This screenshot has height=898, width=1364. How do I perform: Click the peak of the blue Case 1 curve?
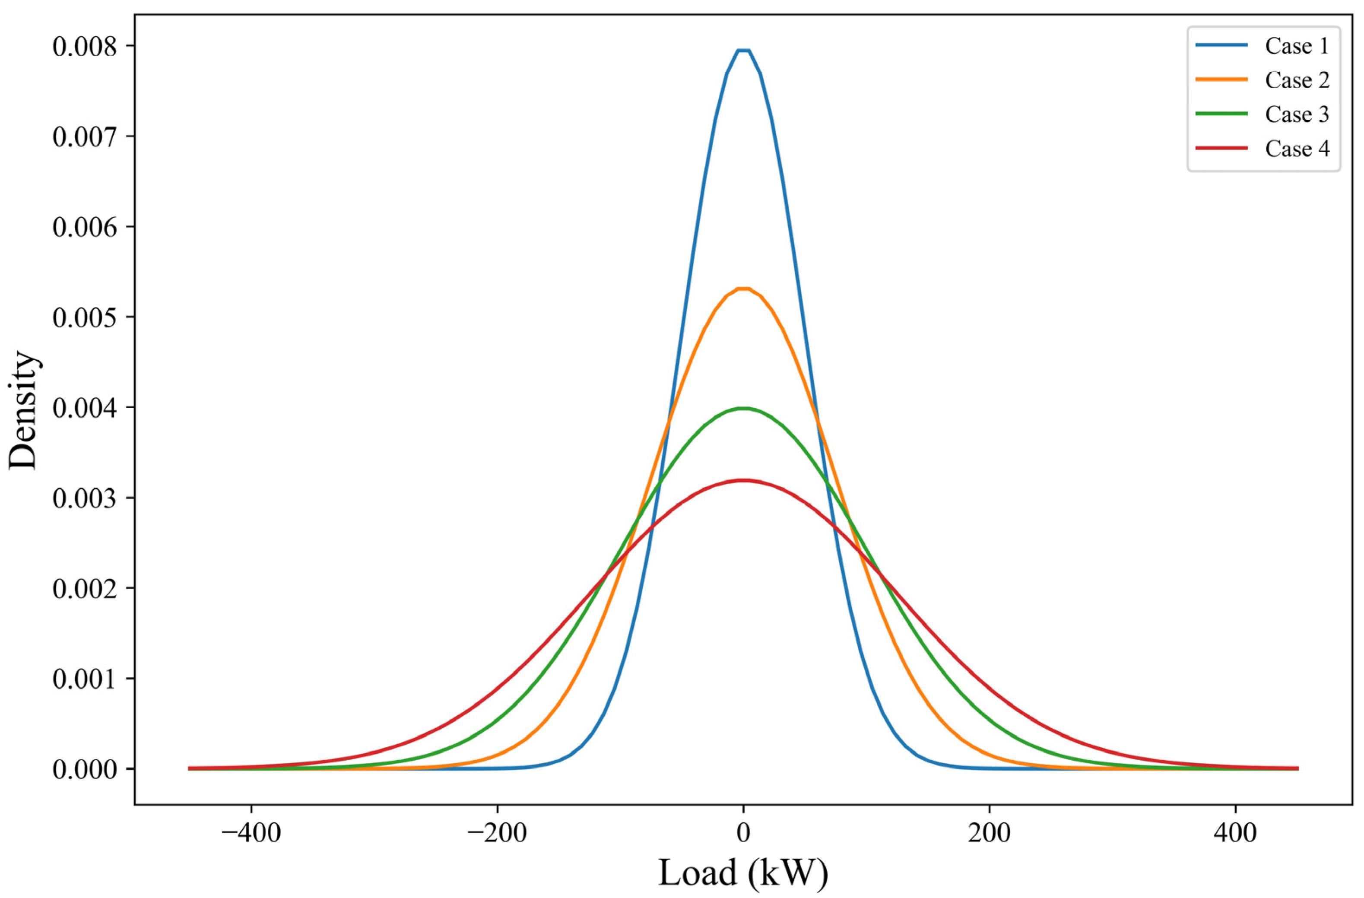point(743,51)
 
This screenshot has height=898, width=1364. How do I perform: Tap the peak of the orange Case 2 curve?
point(743,289)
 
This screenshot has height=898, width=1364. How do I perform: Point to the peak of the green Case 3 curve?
point(743,409)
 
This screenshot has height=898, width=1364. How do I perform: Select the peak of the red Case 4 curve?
point(743,480)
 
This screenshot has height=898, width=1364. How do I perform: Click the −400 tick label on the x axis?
point(251,833)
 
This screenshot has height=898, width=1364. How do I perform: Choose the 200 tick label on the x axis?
point(989,833)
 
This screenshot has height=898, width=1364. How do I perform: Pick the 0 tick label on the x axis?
point(743,833)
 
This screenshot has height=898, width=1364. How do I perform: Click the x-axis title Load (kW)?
point(743,873)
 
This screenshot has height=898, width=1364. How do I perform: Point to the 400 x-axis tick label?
point(1235,833)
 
